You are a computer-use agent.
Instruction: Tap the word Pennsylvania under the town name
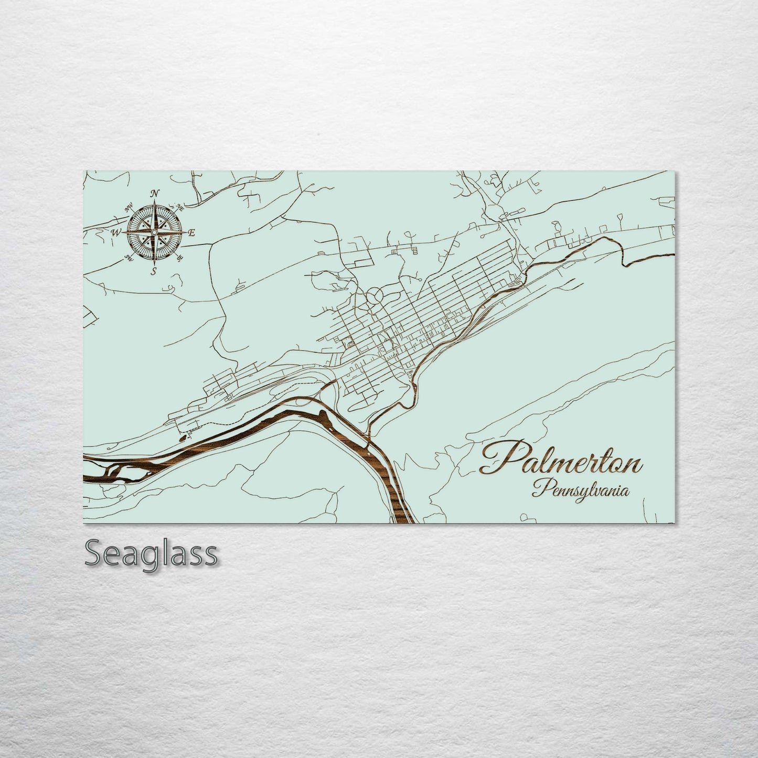[x=580, y=491]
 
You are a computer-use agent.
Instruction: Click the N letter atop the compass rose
[x=155, y=194]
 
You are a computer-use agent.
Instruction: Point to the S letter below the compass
[x=154, y=271]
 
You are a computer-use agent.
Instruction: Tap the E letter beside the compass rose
[x=191, y=233]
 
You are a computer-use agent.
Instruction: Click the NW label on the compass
[x=127, y=208]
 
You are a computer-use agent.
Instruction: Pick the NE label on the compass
[x=180, y=206]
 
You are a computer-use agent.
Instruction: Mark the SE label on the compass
[x=180, y=258]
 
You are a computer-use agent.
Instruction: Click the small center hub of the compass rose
[x=154, y=232]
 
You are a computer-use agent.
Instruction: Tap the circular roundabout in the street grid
[x=375, y=296]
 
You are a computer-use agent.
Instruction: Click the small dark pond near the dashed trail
[x=182, y=435]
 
